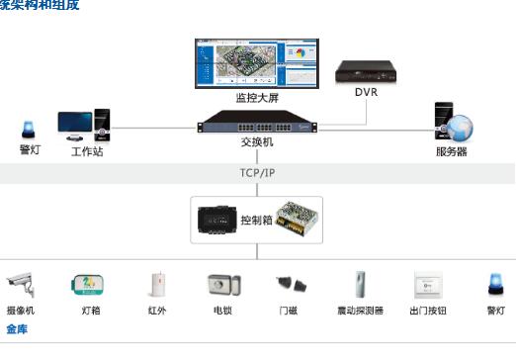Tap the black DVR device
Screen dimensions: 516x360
[x=366, y=70]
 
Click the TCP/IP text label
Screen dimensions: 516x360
[x=257, y=172]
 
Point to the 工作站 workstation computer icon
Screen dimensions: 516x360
[x=83, y=127]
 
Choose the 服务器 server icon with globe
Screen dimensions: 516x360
[x=452, y=123]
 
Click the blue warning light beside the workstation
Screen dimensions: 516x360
[x=29, y=130]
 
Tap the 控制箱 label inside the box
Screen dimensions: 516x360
[x=256, y=221]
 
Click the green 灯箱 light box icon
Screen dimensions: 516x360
[x=90, y=285]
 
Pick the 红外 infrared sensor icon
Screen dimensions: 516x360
[x=155, y=285]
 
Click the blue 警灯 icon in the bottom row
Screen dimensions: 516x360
[x=494, y=284]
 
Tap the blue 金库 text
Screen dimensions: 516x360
[x=17, y=327]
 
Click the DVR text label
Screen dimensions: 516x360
[x=366, y=93]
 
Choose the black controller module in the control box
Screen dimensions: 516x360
[x=215, y=221]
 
